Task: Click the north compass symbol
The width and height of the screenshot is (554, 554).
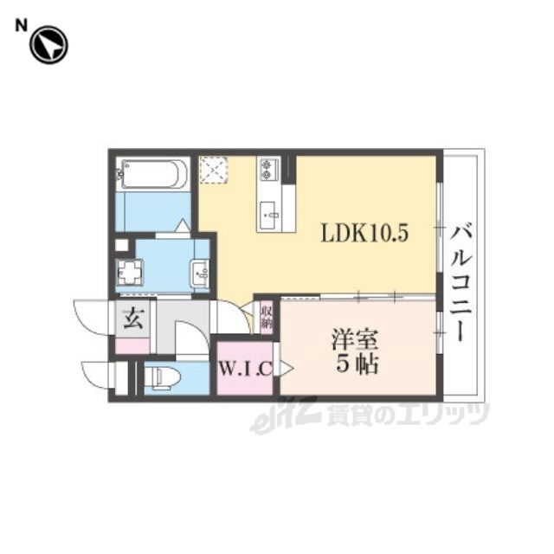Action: pos(48,44)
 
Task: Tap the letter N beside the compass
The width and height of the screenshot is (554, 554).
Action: pos(21,26)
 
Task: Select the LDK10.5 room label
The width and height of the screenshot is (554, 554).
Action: pos(364,233)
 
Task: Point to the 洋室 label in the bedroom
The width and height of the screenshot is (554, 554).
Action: pos(355,340)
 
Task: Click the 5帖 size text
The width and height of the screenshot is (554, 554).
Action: pos(357,364)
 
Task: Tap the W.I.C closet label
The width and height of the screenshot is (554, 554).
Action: pos(246,369)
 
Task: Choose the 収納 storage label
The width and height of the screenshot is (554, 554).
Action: pos(267,317)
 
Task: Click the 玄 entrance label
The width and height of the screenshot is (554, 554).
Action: pos(133,318)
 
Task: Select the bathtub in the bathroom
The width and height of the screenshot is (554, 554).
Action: pos(152,174)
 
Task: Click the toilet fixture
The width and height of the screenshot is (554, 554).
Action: pos(162,377)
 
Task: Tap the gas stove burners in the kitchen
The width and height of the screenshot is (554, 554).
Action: pos(268,170)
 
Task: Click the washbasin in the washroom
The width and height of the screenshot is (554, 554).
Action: pos(200,274)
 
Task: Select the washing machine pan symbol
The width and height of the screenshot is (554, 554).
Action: pos(129,273)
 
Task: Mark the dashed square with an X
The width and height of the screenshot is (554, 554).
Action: pos(213,170)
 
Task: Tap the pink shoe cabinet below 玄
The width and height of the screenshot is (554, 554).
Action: pos(132,345)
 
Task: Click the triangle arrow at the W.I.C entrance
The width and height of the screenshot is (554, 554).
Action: pos(287,369)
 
